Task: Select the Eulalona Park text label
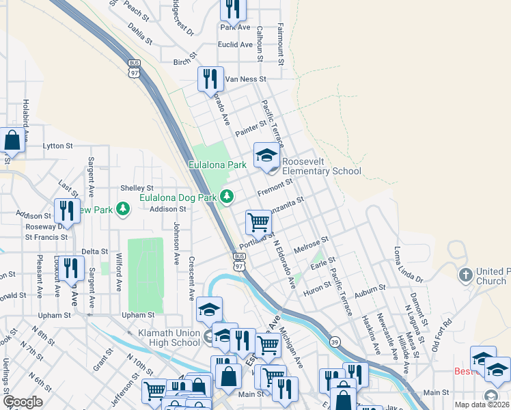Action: [x=217, y=165]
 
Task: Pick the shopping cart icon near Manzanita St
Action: [x=258, y=222]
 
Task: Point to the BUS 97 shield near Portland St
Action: [x=238, y=260]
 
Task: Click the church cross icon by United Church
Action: [x=466, y=275]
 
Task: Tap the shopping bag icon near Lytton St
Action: [x=12, y=141]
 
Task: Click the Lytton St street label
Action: [x=57, y=146]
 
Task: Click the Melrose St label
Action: [x=312, y=246]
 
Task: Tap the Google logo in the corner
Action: [x=23, y=402]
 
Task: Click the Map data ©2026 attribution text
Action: [x=482, y=405]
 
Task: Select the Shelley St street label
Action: [x=137, y=188]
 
